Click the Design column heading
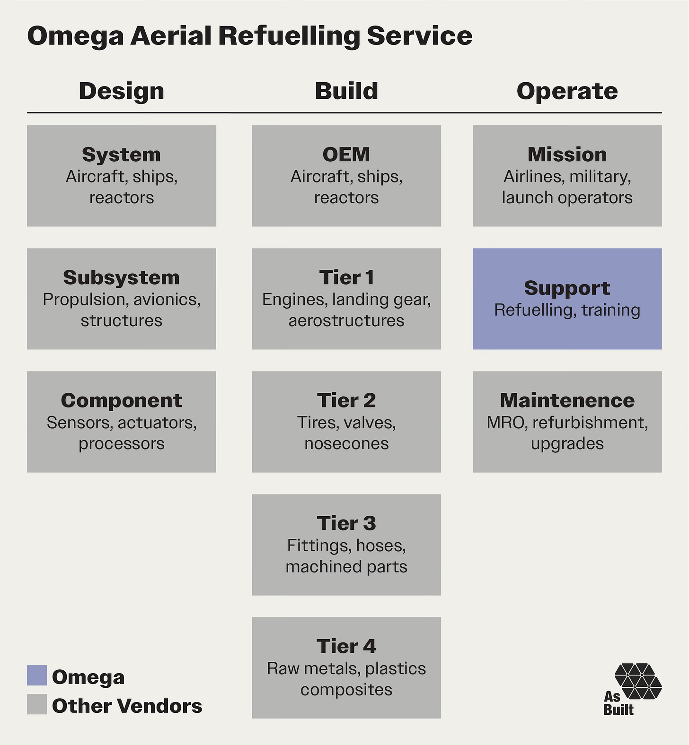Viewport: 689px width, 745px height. (x=121, y=91)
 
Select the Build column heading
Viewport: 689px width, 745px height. (x=346, y=91)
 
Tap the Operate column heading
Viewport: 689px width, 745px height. (x=567, y=91)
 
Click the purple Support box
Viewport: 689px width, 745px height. (x=567, y=299)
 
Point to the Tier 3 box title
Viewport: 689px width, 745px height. (x=346, y=523)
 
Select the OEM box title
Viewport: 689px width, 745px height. (x=346, y=155)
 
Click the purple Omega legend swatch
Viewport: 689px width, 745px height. (x=37, y=675)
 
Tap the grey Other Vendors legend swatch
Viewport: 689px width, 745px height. (x=37, y=704)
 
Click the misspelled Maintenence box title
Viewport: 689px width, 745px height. (x=567, y=400)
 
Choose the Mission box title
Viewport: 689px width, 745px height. (x=567, y=155)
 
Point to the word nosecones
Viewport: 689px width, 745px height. (x=346, y=443)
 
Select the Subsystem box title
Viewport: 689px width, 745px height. (x=121, y=277)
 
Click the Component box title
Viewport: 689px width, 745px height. (x=121, y=400)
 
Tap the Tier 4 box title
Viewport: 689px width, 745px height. (x=346, y=646)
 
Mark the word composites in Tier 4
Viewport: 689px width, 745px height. (x=346, y=689)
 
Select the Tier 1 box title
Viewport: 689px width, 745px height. (x=346, y=277)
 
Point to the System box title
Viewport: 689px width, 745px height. (x=121, y=155)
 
